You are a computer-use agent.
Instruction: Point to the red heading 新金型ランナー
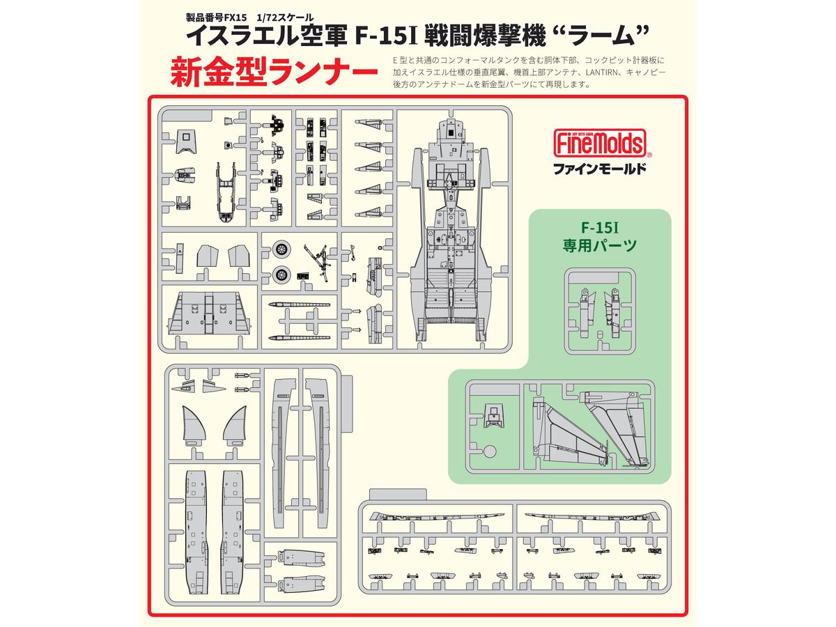click(x=274, y=72)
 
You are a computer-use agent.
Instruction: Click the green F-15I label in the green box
click(x=600, y=228)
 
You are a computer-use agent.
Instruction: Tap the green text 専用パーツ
click(x=600, y=245)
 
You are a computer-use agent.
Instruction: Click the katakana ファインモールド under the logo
click(x=600, y=169)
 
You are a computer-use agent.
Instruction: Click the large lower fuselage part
click(x=449, y=229)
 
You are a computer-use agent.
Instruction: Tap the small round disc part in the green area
click(x=490, y=451)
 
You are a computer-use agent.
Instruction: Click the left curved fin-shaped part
click(x=194, y=426)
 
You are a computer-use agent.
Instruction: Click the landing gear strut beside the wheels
click(x=316, y=263)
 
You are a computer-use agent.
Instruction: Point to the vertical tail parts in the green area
click(x=589, y=430)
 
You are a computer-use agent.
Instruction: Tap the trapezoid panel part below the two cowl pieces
click(x=209, y=314)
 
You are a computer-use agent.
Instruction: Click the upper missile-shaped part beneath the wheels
click(x=300, y=304)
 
